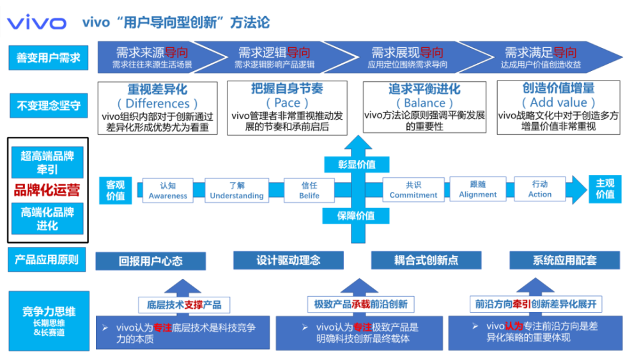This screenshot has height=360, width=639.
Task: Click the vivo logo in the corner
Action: pyautogui.click(x=36, y=24)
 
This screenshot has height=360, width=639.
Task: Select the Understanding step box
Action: pyautogui.click(x=236, y=191)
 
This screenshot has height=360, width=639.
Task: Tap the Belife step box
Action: pyautogui.click(x=309, y=191)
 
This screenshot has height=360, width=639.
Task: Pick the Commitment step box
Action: pyautogui.click(x=413, y=190)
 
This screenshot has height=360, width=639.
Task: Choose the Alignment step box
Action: pyautogui.click(x=477, y=189)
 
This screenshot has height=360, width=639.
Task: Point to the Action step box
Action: pyautogui.click(x=539, y=189)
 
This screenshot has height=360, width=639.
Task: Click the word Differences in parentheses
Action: pyautogui.click(x=157, y=103)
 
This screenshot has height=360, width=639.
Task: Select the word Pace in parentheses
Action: pyautogui.click(x=287, y=102)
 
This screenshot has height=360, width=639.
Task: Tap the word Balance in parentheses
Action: pyautogui.click(x=424, y=103)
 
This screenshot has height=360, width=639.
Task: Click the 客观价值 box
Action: pyautogui.click(x=116, y=190)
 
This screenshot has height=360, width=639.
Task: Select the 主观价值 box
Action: pyautogui.click(x=604, y=189)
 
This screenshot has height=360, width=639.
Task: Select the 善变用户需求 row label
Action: pyautogui.click(x=49, y=58)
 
